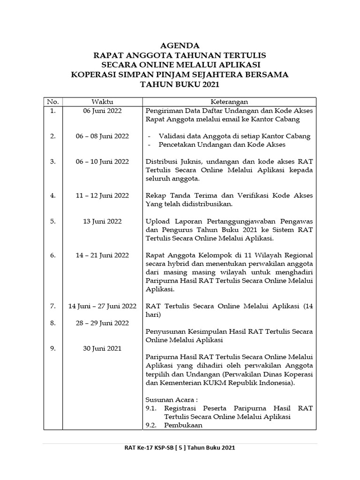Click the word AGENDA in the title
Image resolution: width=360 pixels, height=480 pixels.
(x=180, y=46)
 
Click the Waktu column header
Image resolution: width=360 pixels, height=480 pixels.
(x=102, y=102)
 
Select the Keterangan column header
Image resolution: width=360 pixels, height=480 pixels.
(x=229, y=102)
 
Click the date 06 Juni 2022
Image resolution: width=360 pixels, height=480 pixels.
(x=102, y=111)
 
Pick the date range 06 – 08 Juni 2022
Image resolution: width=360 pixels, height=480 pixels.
(x=102, y=136)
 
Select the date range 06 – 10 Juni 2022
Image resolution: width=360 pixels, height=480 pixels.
(x=102, y=161)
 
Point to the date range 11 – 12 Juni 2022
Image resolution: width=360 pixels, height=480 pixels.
(x=102, y=195)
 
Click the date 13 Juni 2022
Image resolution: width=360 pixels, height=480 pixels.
(x=102, y=221)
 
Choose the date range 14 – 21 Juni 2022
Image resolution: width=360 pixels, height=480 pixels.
(x=102, y=255)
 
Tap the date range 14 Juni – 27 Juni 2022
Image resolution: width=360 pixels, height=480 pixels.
(x=102, y=306)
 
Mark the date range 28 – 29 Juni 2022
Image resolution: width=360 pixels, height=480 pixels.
(x=102, y=322)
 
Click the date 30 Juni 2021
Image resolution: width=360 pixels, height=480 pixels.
(x=102, y=348)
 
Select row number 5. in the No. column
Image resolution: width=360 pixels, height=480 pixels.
(x=53, y=221)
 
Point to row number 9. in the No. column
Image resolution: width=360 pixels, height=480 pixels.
(x=53, y=348)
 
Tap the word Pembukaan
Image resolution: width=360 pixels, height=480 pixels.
(x=183, y=425)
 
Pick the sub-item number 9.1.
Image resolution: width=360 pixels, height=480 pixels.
(x=152, y=408)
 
